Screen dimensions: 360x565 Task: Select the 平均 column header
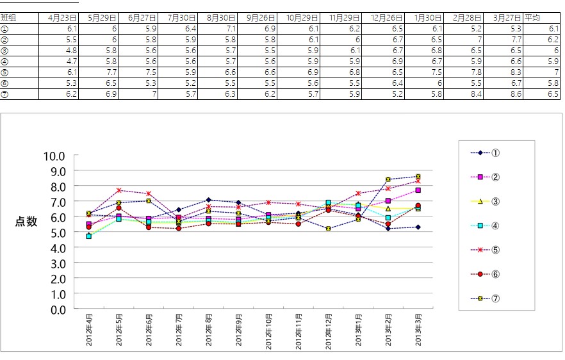(532, 18)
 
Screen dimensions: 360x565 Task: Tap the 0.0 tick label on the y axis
(57, 309)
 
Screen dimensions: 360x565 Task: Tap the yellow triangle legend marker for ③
(480, 201)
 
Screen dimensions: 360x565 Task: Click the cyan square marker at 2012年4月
(89, 236)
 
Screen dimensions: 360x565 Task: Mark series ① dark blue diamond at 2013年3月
(418, 227)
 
